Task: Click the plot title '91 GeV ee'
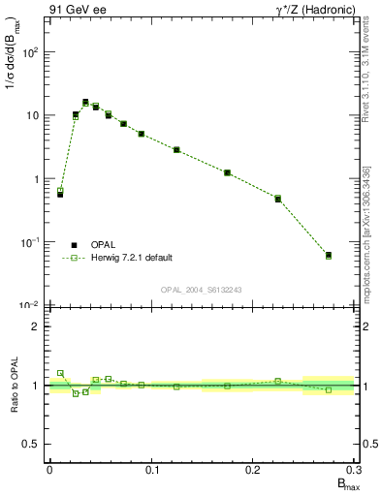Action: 77,10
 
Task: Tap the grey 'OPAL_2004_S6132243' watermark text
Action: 200,290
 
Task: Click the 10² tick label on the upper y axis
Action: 31,52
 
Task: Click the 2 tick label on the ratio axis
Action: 36,326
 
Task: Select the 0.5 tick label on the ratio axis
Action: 31,444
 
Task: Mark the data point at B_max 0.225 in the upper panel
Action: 277,199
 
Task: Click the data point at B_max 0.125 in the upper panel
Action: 176,149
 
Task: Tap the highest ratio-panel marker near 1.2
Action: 60,373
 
